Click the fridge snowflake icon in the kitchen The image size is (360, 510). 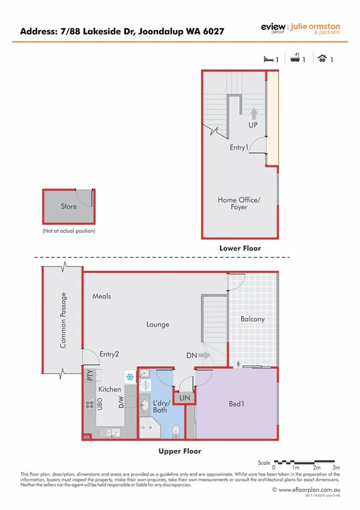(x=129, y=377)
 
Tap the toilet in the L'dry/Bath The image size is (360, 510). (x=175, y=431)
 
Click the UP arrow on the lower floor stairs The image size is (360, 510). (x=254, y=113)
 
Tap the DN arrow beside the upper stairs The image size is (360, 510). (x=204, y=355)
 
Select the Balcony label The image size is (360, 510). (x=252, y=319)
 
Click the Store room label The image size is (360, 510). (x=69, y=206)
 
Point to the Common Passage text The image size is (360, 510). (x=64, y=320)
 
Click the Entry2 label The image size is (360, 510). (x=109, y=354)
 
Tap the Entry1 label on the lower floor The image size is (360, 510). (x=239, y=147)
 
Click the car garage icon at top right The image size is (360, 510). (x=323, y=59)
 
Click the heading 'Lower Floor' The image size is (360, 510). (x=240, y=248)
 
